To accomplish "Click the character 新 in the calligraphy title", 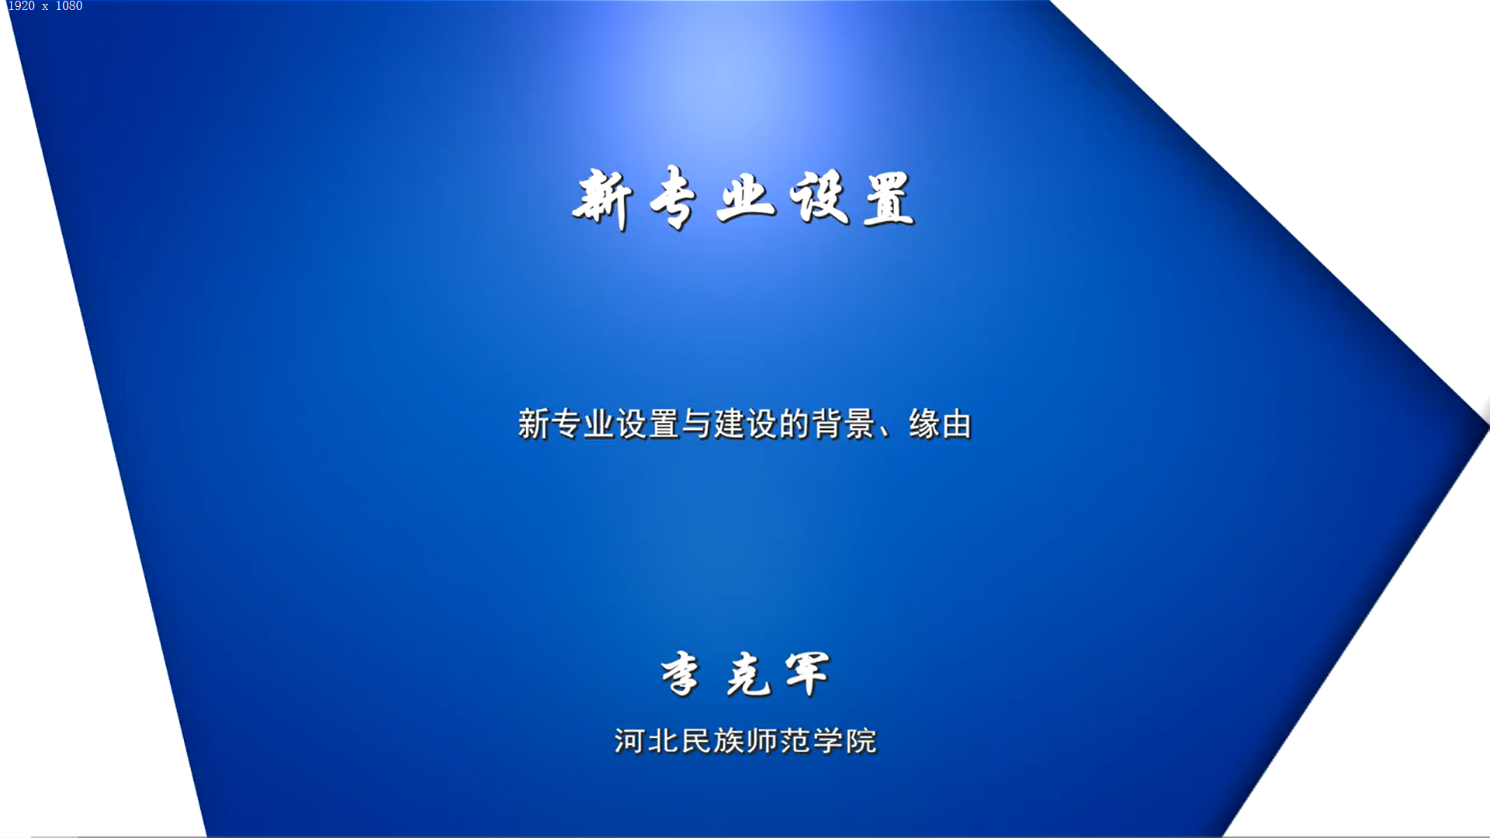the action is tap(602, 199).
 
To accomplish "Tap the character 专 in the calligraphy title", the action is tap(672, 199).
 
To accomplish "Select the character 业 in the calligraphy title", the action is tap(746, 198).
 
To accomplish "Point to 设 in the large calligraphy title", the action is tap(819, 198).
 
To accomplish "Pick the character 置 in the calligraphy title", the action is tap(889, 199).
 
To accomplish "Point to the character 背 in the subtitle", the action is tap(827, 424).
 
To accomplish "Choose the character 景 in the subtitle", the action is tap(860, 424).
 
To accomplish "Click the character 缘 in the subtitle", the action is tap(924, 424).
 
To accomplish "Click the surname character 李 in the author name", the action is tap(681, 674).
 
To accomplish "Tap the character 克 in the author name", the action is tap(749, 674).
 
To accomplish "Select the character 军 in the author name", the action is tap(807, 674).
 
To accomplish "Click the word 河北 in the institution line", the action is tap(647, 741).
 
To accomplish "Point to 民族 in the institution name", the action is tap(713, 741).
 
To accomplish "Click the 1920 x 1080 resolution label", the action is tap(45, 6).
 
